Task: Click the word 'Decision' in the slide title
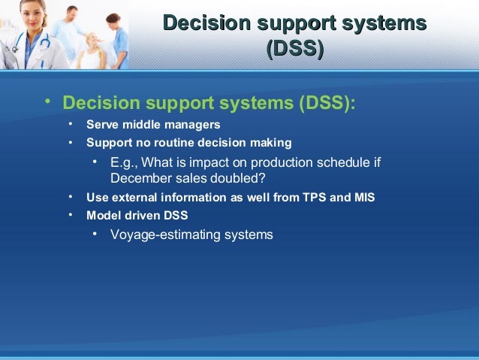pyautogui.click(x=202, y=23)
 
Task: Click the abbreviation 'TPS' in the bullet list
pyautogui.click(x=314, y=198)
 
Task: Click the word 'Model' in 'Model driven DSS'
pyautogui.click(x=102, y=216)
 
